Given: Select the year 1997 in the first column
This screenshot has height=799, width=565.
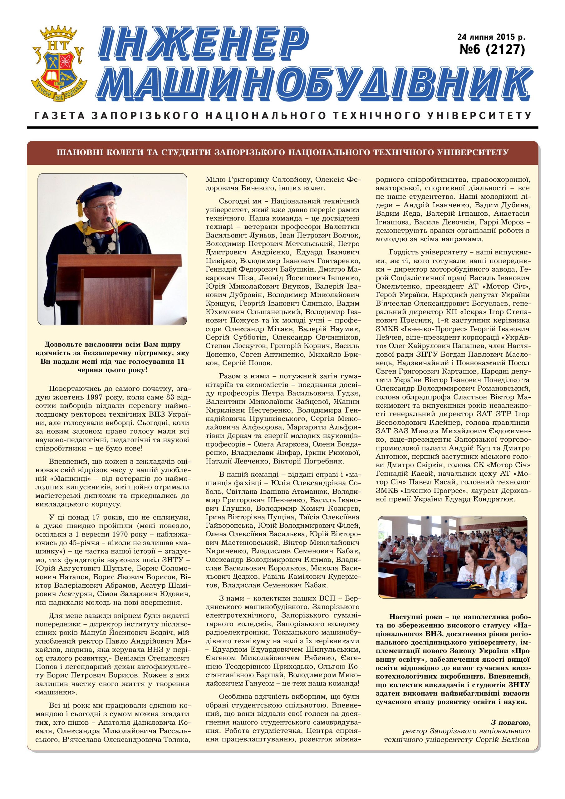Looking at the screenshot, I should pyautogui.click(x=105, y=397).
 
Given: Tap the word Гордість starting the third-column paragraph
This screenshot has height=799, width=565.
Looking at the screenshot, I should pyautogui.click(x=405, y=252).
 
